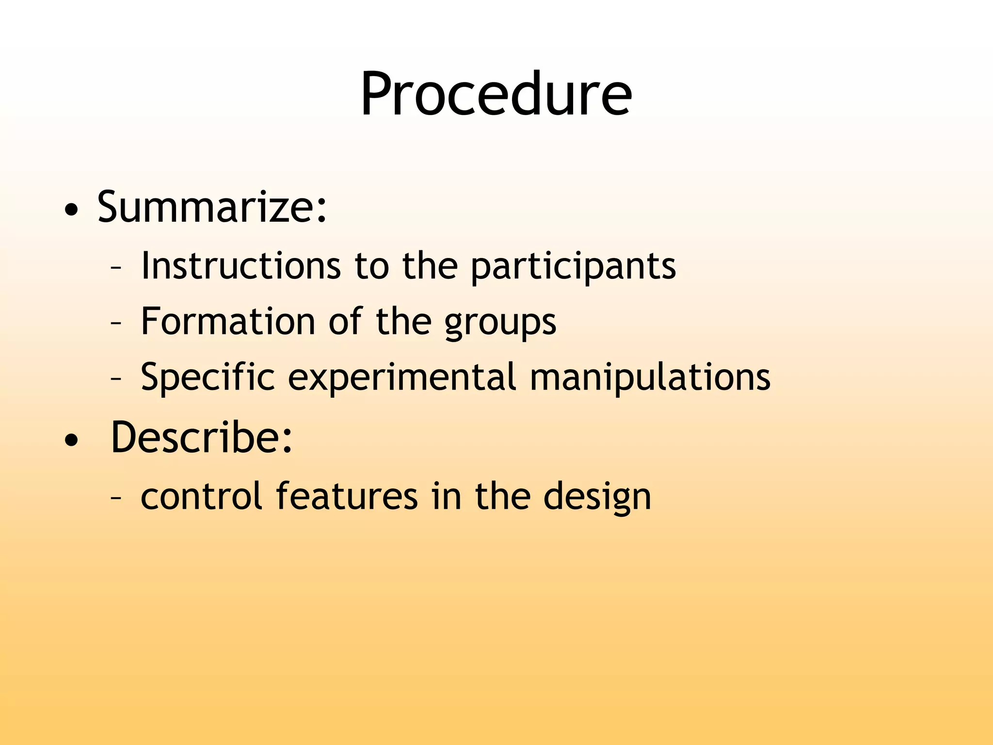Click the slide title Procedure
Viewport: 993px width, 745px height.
click(496, 94)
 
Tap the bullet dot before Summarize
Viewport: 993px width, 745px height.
click(71, 211)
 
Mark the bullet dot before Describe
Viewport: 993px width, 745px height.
click(71, 440)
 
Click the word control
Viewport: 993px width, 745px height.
click(201, 496)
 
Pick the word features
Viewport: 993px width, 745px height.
click(347, 496)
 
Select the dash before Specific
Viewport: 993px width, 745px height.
click(116, 378)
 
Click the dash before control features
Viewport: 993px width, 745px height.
click(116, 498)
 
